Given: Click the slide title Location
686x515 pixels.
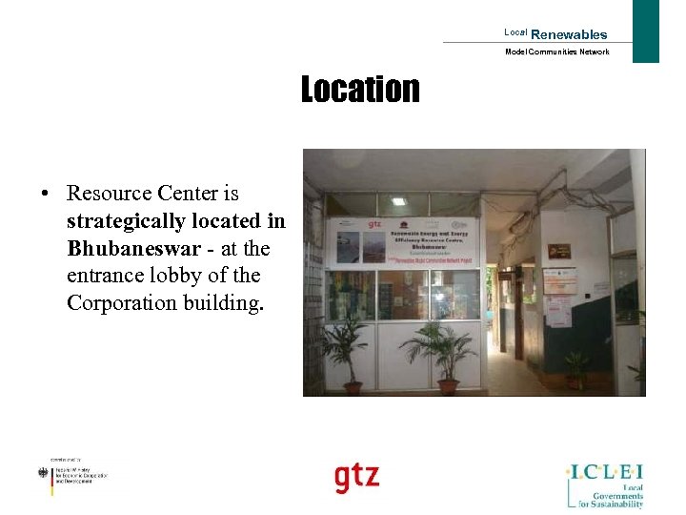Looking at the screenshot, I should pyautogui.click(x=360, y=90).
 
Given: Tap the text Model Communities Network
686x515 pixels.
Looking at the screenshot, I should pyautogui.click(x=556, y=51).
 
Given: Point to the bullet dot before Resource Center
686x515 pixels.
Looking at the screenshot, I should pyautogui.click(x=45, y=195).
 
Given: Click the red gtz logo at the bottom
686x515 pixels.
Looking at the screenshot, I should pyautogui.click(x=356, y=476).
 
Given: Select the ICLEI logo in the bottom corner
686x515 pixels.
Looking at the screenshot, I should pyautogui.click(x=605, y=484).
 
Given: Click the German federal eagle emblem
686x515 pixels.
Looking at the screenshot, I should pyautogui.click(x=42, y=474).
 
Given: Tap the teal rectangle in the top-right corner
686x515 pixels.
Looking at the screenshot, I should pyautogui.click(x=646, y=31).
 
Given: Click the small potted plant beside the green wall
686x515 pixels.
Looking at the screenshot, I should pyautogui.click(x=575, y=367).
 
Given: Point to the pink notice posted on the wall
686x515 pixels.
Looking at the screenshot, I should pyautogui.click(x=560, y=310).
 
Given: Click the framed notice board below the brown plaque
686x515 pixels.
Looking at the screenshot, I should pyautogui.click(x=560, y=279).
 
